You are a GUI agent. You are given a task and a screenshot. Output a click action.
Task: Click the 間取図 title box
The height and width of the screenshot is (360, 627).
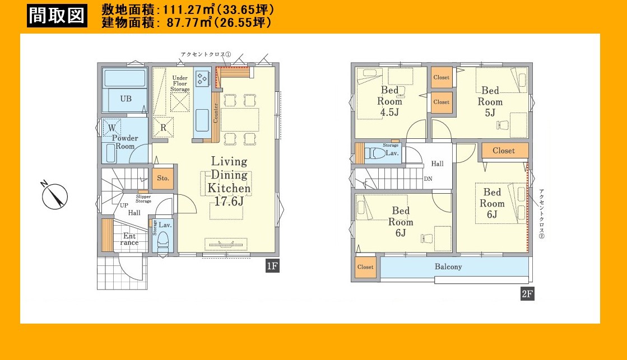pos(57,16)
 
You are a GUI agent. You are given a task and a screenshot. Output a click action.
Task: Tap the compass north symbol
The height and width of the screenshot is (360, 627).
pos(54,195)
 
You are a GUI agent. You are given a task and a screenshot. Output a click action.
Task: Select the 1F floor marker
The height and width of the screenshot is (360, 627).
pos(272,266)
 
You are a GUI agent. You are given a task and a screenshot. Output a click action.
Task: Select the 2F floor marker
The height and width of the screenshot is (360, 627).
pos(527,294)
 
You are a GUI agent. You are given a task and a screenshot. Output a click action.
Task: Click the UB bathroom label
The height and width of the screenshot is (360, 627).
pos(126,99)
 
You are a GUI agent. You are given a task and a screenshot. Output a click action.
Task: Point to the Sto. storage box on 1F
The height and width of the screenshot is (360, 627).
pos(162,178)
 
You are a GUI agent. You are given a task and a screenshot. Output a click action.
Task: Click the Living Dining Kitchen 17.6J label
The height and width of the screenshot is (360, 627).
pos(229,181)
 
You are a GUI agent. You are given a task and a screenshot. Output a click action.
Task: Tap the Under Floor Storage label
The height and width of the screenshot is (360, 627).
pos(180,83)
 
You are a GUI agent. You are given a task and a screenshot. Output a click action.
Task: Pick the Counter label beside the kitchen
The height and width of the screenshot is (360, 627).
pos(216,114)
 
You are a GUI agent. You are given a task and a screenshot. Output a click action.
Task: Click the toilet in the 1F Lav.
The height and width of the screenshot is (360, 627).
pos(162,241)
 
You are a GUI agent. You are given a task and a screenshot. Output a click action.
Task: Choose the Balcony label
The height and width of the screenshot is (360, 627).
pos(448,267)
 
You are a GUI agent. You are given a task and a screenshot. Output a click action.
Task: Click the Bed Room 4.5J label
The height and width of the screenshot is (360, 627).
pos(389,101)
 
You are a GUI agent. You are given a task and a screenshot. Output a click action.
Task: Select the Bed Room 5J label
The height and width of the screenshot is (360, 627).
pos(490,101)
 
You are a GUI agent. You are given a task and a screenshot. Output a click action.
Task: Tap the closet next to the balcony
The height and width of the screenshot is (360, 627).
pos(365,267)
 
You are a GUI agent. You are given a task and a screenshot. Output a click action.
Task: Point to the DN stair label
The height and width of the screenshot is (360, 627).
pos(428,179)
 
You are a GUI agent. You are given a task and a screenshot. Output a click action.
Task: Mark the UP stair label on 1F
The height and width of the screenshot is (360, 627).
pos(124,205)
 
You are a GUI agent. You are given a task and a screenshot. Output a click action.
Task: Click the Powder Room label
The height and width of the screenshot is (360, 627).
pos(125,142)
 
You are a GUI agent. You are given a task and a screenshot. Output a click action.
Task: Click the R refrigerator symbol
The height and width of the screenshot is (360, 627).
pos(163,128)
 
